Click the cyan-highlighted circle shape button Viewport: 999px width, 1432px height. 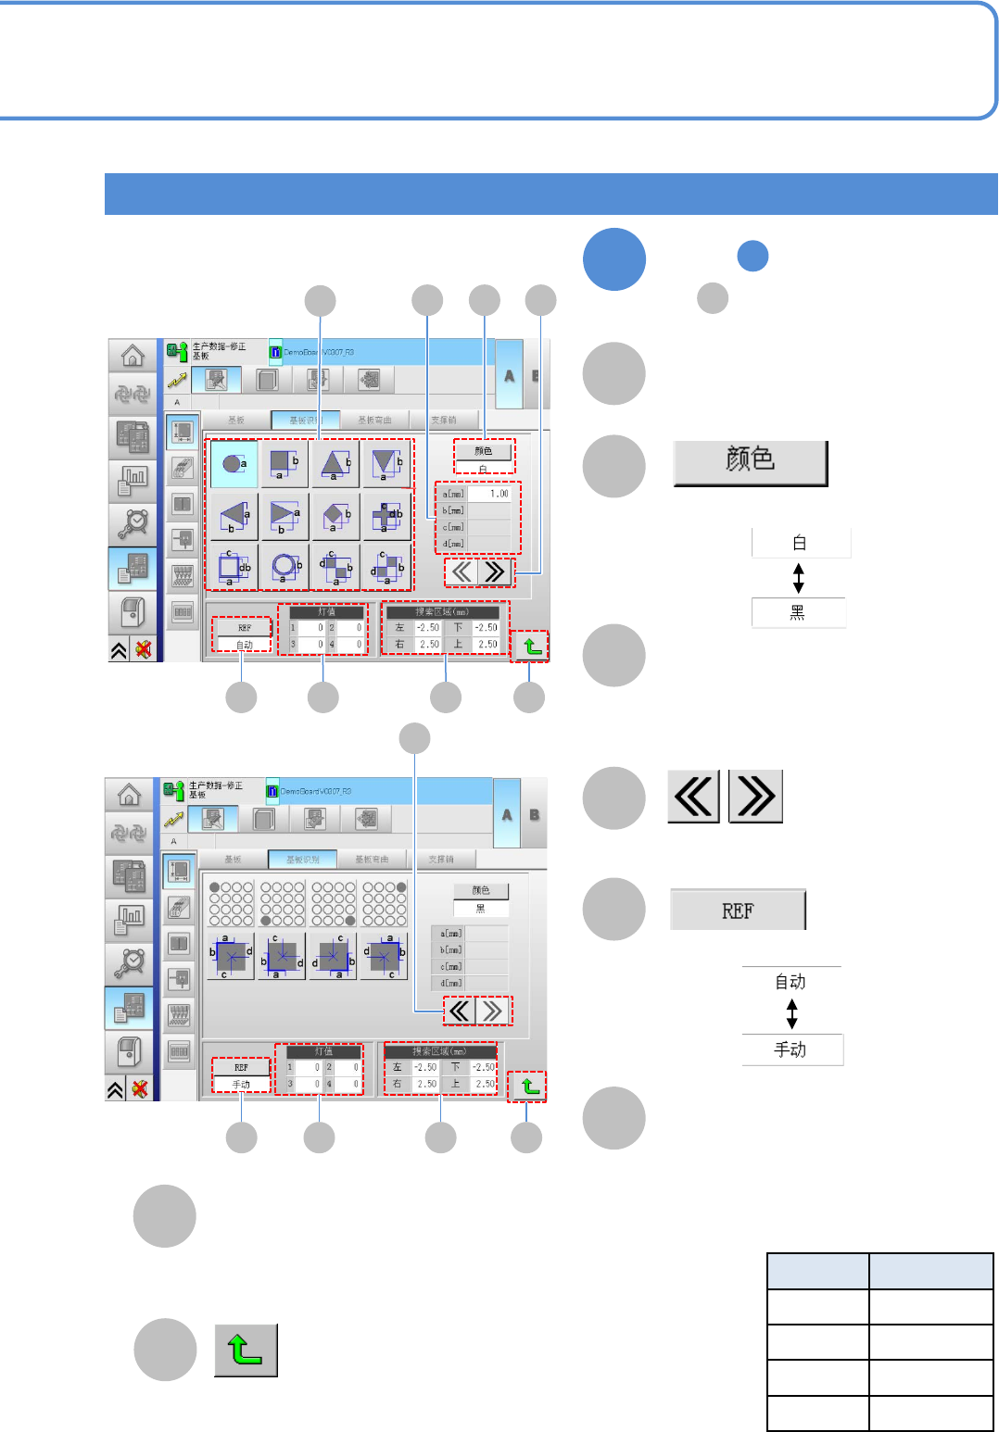pos(234,463)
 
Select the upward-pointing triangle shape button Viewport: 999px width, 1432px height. pos(335,463)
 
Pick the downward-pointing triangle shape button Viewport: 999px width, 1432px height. pos(386,463)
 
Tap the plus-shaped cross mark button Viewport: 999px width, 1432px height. pos(386,515)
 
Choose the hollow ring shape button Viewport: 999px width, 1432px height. pos(285,565)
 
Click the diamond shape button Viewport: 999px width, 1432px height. pos(335,515)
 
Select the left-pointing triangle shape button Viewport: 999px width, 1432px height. pos(234,515)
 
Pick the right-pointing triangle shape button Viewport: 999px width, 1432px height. pos(285,515)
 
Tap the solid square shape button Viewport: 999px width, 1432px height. pos(285,463)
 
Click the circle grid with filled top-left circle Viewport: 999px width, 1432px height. pos(232,903)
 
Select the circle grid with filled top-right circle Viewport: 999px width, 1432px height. pos(385,903)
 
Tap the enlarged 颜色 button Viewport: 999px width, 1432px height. pos(750,462)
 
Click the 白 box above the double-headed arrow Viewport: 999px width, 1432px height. pos(801,543)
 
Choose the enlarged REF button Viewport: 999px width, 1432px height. pos(738,911)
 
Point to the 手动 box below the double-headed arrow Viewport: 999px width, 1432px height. pos(791,1049)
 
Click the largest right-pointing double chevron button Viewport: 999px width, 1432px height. pos(755,797)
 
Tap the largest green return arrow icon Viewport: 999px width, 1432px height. pos(246,1350)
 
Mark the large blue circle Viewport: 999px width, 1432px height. pos(614,259)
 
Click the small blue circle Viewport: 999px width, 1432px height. pos(752,256)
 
